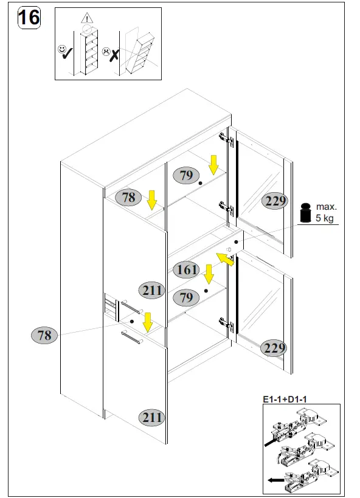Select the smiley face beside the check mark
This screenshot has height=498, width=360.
coord(63,49)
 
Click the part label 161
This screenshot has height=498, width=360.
coord(187,269)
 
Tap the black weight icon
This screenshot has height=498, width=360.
coord(305,212)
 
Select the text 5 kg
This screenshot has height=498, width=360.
coord(324,218)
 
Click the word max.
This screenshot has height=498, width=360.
coord(326,207)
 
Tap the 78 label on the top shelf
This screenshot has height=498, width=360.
coord(128,198)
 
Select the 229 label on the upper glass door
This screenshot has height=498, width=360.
coord(275,201)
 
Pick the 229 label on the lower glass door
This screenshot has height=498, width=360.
coord(275,348)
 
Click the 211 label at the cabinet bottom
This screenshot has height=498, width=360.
coord(152,417)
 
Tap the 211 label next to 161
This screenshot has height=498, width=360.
coord(152,291)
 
